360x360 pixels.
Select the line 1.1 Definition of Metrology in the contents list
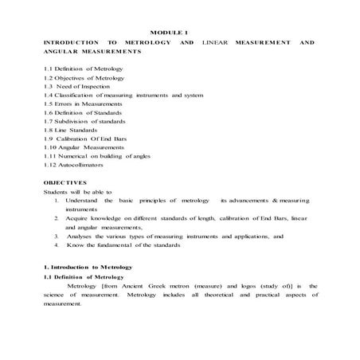pos(78,70)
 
